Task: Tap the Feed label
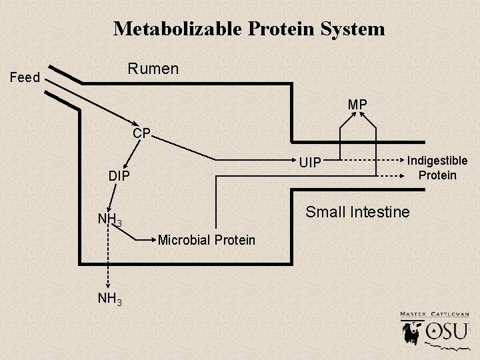(x=25, y=78)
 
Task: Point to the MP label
(x=357, y=105)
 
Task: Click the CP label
(x=141, y=133)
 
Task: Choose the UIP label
(x=310, y=162)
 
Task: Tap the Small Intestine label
(x=357, y=213)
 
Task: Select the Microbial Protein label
(x=207, y=239)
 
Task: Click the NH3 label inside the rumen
(x=109, y=219)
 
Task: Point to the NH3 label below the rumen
(x=109, y=299)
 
